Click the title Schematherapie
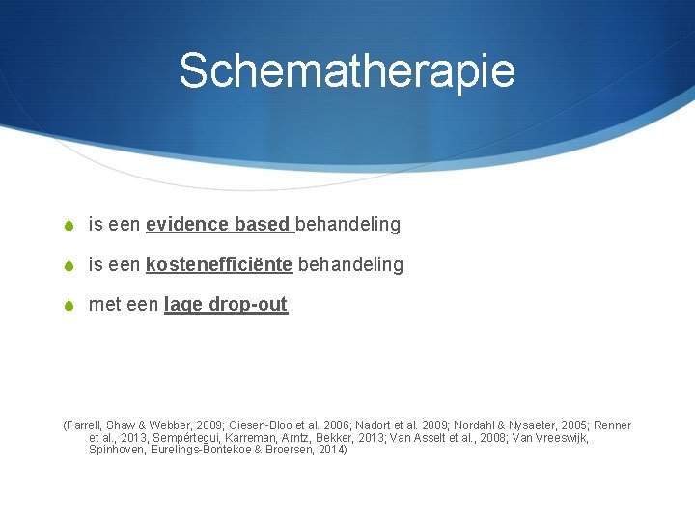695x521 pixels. coord(347,70)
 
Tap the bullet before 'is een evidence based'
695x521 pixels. coord(69,225)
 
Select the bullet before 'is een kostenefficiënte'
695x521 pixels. coord(69,264)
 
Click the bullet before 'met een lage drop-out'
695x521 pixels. coord(69,305)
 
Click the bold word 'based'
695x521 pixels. coord(261,225)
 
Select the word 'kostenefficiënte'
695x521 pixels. coord(219,264)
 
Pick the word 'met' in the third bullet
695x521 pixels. coord(102,305)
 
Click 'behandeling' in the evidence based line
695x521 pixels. coord(347,225)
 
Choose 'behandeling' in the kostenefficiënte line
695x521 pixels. coord(350,264)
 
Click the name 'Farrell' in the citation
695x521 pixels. coord(86,425)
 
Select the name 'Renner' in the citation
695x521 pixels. coord(612,425)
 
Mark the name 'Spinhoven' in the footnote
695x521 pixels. coord(118,451)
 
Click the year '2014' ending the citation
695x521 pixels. coord(330,451)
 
